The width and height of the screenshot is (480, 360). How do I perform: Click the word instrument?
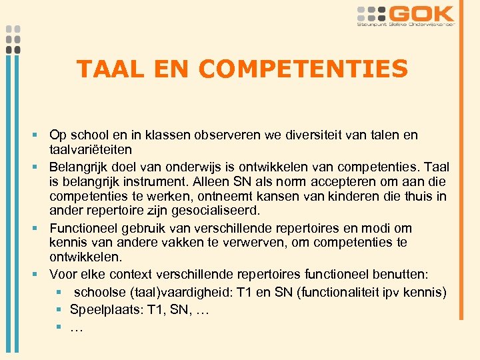pos(157,181)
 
